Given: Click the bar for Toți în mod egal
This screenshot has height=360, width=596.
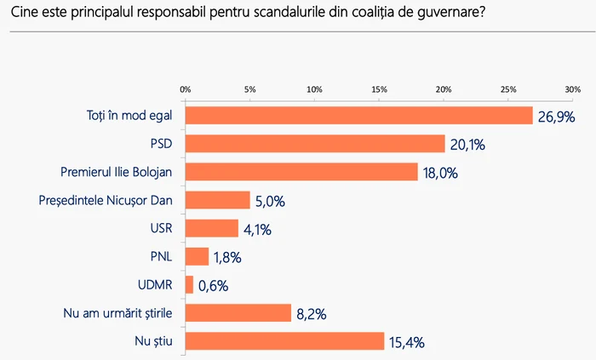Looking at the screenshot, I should click(358, 116).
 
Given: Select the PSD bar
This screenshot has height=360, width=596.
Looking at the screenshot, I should click(315, 144).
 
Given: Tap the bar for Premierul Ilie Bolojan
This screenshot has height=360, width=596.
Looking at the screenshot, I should click(301, 172).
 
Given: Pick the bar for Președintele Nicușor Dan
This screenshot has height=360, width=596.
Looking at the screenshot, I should click(217, 200).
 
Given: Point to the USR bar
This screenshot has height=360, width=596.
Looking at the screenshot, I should click(212, 228).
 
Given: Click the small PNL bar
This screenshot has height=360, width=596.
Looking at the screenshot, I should click(197, 256).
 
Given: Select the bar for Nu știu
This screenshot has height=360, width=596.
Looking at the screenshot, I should click(284, 341).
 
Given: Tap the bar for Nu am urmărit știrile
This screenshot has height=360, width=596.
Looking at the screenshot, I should click(238, 313).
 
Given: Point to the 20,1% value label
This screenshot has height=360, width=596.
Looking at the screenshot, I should click(467, 145).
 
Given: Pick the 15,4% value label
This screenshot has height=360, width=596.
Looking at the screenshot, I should click(407, 342).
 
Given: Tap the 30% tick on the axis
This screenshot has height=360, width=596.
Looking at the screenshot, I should click(572, 89).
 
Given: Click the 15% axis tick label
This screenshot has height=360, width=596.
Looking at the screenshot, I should click(379, 89).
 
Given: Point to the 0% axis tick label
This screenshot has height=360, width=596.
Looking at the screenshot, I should click(185, 89).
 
